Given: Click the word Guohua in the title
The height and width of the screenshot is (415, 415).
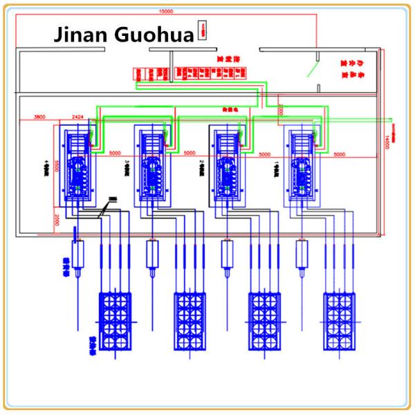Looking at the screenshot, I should (x=155, y=35).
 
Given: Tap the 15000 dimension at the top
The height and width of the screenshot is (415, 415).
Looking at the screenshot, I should (x=166, y=12).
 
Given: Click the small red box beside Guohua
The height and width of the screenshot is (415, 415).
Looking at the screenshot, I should (x=202, y=29).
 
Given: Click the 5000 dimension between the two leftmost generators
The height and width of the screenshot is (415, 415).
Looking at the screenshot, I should (x=115, y=153).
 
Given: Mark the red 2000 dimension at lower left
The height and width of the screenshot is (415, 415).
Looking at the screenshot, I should (x=55, y=219).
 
